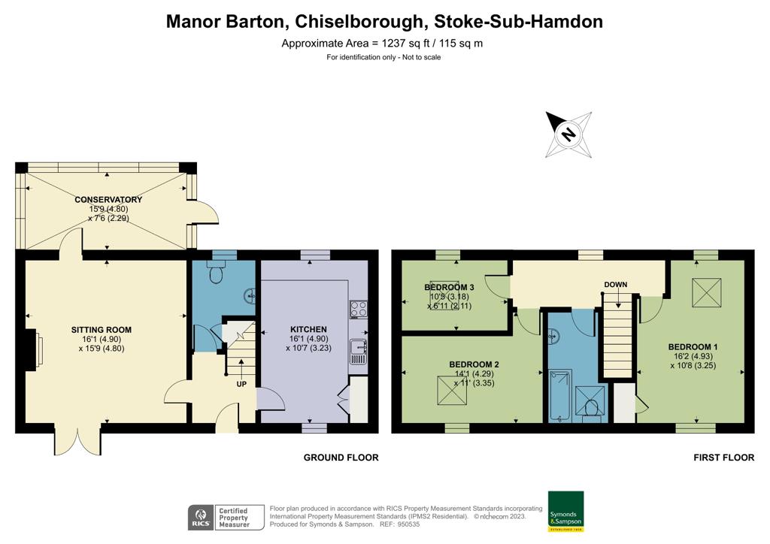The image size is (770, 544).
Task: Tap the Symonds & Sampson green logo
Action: pyautogui.click(x=565, y=512)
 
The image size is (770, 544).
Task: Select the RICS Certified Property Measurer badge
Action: pyautogui.click(x=226, y=518)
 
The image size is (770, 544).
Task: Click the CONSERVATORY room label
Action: pyautogui.click(x=108, y=199)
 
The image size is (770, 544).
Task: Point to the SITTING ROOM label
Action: pyautogui.click(x=102, y=330)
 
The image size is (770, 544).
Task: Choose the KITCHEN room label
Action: pyautogui.click(x=308, y=329)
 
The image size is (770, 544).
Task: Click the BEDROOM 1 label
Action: pyautogui.click(x=693, y=346)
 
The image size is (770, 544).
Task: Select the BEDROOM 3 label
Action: pyautogui.click(x=449, y=288)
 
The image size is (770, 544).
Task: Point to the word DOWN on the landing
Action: pyautogui.click(x=615, y=285)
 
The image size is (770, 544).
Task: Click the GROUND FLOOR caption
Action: pyautogui.click(x=341, y=458)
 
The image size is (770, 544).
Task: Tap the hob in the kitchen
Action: pyautogui.click(x=358, y=308)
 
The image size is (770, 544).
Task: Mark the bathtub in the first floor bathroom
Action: pyautogui.click(x=560, y=394)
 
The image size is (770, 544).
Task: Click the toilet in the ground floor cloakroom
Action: pyautogui.click(x=217, y=275)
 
